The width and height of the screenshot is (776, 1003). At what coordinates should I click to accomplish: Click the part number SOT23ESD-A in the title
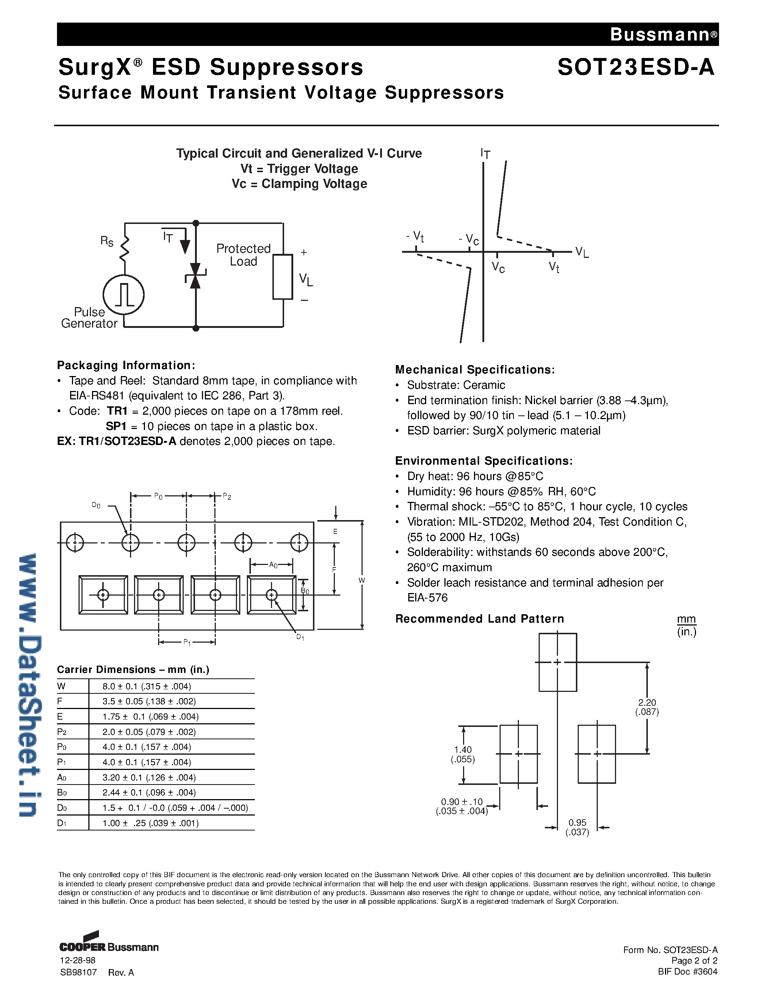pos(636,67)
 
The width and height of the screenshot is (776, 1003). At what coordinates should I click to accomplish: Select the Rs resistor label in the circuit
pos(107,241)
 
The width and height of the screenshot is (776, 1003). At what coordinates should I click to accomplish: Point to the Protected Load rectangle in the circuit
pos(282,276)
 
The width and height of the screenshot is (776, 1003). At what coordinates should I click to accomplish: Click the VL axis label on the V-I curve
pos(581,252)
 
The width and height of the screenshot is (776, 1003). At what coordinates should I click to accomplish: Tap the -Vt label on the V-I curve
pos(415,236)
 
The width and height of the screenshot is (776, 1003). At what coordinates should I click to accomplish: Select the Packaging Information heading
pos(126,365)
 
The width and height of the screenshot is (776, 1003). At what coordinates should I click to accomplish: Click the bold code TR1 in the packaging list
pos(117,411)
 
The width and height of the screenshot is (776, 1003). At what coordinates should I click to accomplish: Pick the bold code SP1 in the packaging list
pos(116,426)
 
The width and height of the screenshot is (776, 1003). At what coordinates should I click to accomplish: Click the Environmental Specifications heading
pos(483,461)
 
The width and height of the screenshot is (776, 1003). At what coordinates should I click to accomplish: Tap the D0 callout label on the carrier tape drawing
pos(96,506)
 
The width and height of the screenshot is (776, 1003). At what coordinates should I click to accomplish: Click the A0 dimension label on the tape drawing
pos(273,565)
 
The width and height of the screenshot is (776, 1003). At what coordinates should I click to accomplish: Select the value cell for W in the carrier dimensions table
pos(147,686)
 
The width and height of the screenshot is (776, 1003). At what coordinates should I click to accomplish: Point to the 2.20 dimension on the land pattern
pos(647,707)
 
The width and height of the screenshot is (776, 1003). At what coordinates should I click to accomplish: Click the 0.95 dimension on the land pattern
pos(577,826)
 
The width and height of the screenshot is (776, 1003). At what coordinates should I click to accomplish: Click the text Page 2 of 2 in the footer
pos(694,961)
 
